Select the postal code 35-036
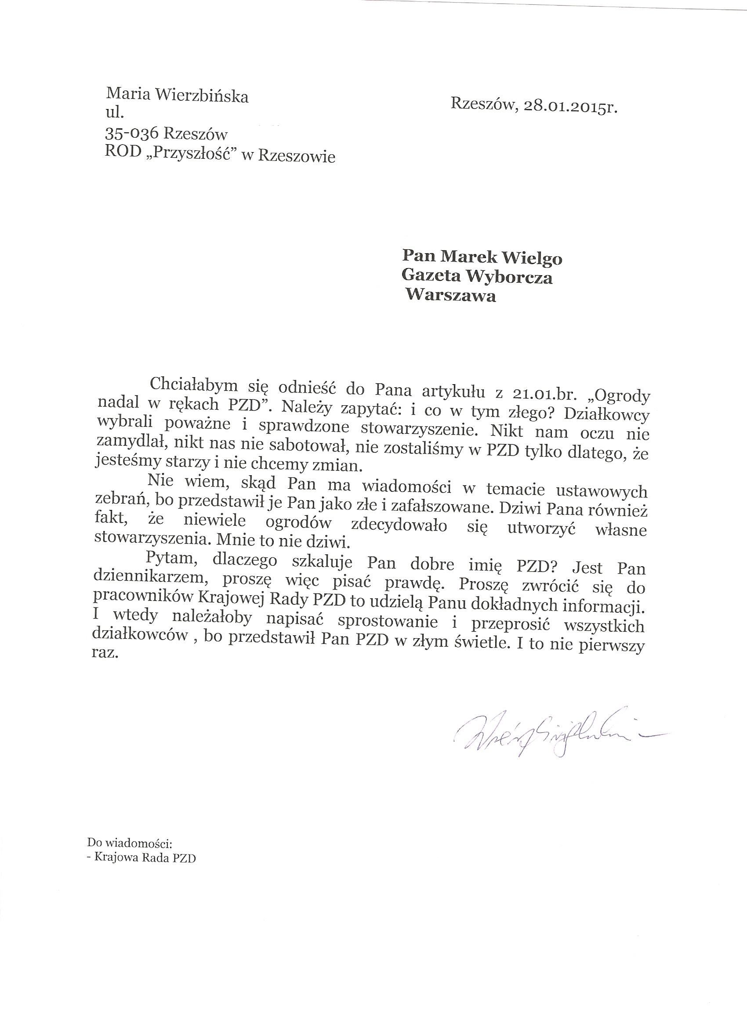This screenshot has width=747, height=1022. click(132, 135)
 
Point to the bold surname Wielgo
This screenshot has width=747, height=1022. click(533, 258)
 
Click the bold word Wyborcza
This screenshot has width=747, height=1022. click(511, 277)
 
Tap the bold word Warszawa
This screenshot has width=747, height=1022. click(451, 296)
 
